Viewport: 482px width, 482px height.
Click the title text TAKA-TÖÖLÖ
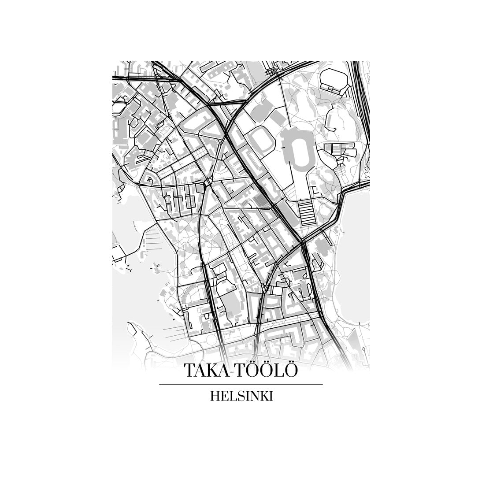(241, 370)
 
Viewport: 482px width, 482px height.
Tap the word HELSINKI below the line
(241, 396)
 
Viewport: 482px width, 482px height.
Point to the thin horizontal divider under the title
(241, 384)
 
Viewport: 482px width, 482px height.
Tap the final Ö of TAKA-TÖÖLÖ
(290, 370)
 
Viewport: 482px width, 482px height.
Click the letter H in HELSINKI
(215, 396)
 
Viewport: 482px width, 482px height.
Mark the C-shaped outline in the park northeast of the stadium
(333, 116)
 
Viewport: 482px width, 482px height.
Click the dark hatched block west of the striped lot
(259, 202)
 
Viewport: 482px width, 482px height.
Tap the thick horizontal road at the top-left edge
(132, 78)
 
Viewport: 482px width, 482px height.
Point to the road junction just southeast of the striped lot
(303, 242)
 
